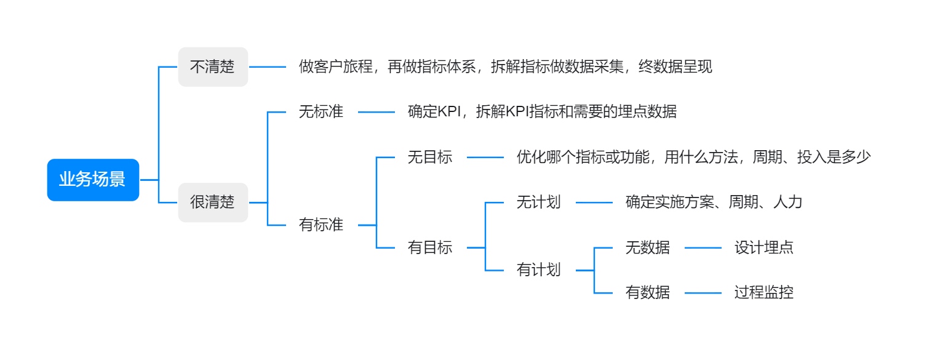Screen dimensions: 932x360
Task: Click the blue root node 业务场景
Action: coord(93,180)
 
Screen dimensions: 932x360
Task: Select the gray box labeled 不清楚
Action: coord(213,66)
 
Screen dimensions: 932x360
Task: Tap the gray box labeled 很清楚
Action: coord(213,202)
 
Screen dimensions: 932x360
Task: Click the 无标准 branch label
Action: coord(321,111)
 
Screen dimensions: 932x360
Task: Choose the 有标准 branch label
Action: coord(321,225)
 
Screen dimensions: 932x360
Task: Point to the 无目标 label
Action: coord(430,157)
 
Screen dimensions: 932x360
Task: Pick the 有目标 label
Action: coord(430,247)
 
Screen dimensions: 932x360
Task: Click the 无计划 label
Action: coord(538,202)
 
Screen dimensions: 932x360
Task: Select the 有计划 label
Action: coord(538,270)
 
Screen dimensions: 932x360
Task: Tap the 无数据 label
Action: coord(647,247)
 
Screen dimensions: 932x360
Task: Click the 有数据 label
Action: coord(647,292)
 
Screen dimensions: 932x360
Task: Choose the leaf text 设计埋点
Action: coord(764,247)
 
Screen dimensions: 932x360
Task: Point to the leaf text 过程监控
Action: coord(764,292)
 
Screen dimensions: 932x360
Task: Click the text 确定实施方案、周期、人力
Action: coord(714,202)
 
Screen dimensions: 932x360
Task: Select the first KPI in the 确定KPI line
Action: coord(449,111)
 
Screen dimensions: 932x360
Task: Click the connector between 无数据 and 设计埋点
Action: coord(703,247)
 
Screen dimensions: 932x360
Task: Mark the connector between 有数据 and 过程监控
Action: coord(703,293)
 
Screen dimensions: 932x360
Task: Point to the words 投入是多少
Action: coord(834,157)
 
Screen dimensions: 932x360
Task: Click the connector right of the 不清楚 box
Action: coord(267,66)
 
